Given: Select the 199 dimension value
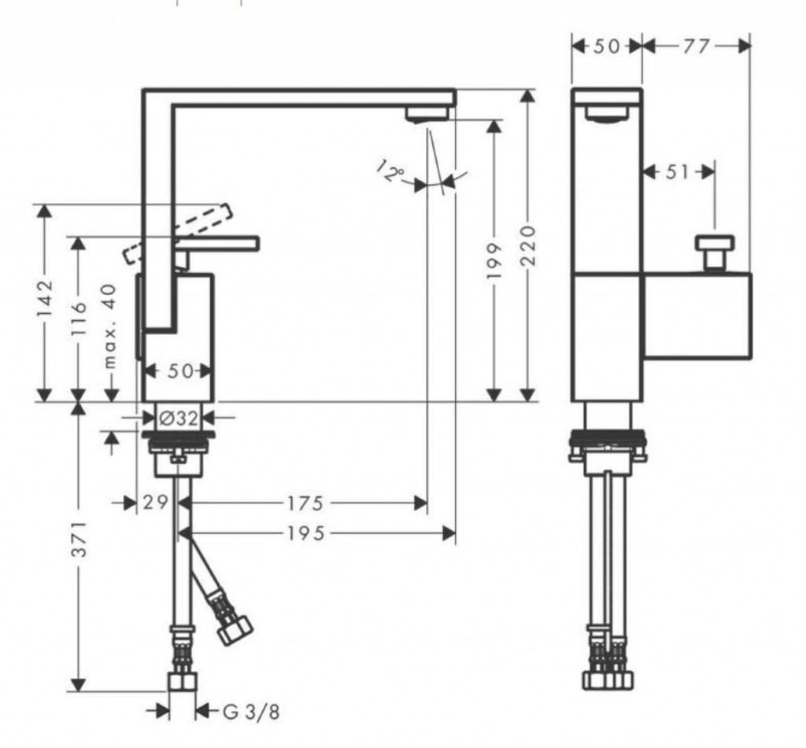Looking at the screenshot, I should tap(494, 260).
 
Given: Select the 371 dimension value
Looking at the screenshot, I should tap(78, 539).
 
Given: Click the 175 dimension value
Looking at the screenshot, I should tap(305, 502).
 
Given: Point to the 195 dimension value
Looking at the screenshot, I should tap(305, 534).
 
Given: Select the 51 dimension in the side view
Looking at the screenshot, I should tap(676, 171).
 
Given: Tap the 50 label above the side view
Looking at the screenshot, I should tap(607, 46).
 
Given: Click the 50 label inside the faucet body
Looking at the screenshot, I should tap(179, 370).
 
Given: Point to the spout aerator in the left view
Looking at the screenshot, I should tap(427, 116).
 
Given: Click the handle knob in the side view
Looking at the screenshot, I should tap(715, 252).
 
